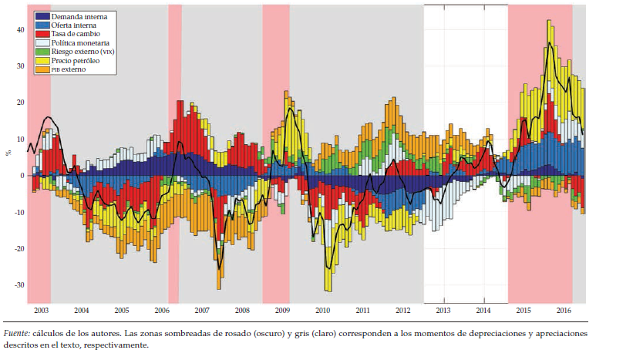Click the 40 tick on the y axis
(21, 29)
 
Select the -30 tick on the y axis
(19, 285)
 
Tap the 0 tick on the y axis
(23, 176)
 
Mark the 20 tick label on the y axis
(21, 103)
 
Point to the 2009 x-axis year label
(282, 311)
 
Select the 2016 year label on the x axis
(564, 311)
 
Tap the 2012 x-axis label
(402, 311)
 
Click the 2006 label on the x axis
(162, 311)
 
